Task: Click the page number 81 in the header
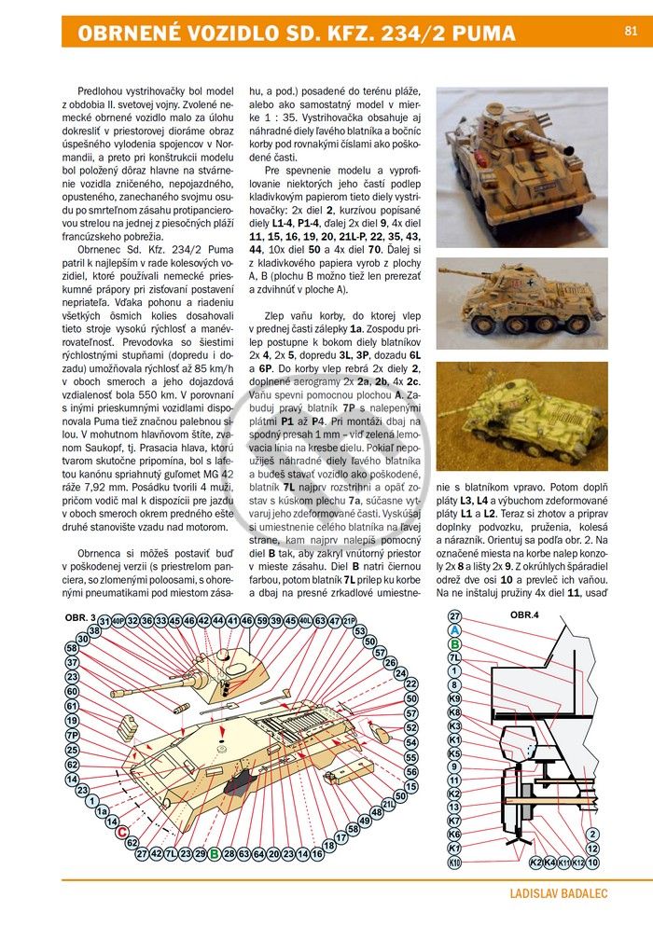(x=631, y=31)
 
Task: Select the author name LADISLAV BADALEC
(x=559, y=893)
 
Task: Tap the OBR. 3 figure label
(x=80, y=618)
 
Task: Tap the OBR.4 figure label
(x=524, y=615)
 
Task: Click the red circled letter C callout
(x=122, y=833)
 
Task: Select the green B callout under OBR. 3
(x=215, y=853)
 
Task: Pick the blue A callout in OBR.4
(x=454, y=630)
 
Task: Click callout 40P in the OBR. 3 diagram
(x=118, y=621)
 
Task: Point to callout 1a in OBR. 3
(x=102, y=812)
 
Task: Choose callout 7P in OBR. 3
(x=72, y=735)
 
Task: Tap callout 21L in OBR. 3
(x=388, y=804)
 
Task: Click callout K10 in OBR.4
(x=454, y=863)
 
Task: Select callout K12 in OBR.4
(x=578, y=863)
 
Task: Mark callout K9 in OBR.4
(x=454, y=698)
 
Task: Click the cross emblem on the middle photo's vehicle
(x=532, y=283)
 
